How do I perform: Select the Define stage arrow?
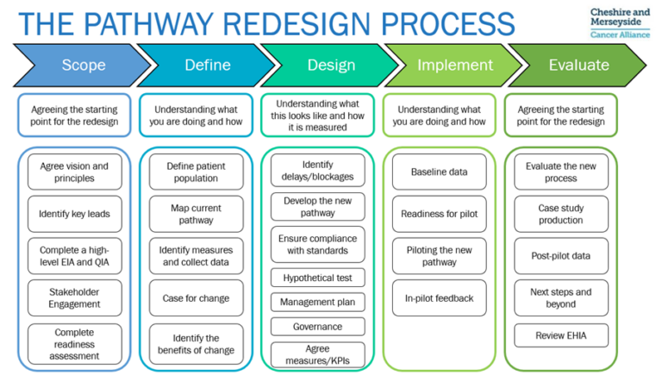207,65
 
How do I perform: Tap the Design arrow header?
329,65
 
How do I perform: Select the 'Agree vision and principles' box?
74,172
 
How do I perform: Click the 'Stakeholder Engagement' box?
74,297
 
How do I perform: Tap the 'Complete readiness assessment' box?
74,344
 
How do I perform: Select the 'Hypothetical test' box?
317,278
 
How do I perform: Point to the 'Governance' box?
317,327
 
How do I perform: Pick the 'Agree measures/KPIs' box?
317,354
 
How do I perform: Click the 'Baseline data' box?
440,172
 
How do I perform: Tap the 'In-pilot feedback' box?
440,298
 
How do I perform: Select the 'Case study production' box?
560,214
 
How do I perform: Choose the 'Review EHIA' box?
560,335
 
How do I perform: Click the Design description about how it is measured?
317,115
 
